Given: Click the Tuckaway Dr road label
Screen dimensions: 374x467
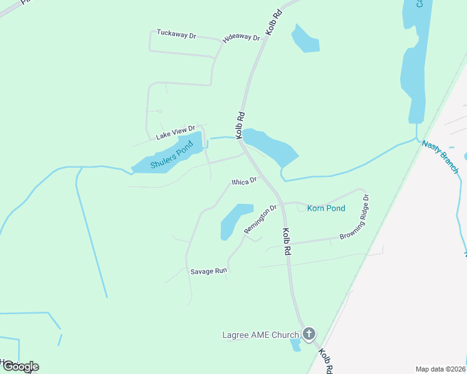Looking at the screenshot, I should tap(177, 34).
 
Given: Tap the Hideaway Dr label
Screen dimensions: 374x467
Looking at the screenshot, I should tap(241, 37).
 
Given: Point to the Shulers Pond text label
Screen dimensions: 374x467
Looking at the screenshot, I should tap(172, 153).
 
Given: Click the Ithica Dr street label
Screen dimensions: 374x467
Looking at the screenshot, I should tap(244, 181).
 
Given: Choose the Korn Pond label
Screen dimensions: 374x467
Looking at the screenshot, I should tap(326, 208).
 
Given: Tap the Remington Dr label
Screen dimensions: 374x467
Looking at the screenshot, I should tap(260, 219).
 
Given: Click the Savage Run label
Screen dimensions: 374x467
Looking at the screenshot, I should tap(209, 271).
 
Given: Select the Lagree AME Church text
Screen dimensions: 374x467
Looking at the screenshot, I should tap(261, 335).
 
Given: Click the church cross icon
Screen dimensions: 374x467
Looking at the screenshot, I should tap(309, 335).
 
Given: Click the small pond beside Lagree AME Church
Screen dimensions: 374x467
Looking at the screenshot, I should tap(295, 345).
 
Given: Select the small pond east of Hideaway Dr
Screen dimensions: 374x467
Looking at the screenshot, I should tap(305, 40).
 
